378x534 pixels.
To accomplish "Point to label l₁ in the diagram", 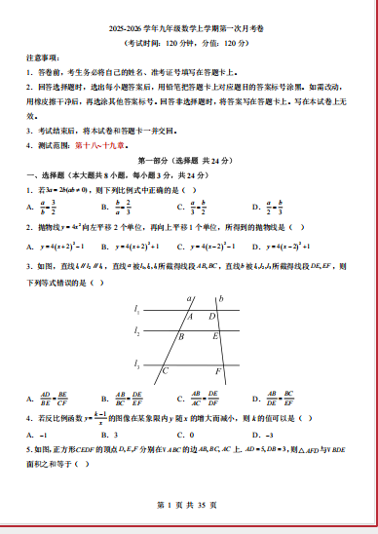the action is (x=137, y=310).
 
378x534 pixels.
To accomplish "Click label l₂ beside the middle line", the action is (x=137, y=331).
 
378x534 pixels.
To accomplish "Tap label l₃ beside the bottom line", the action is (x=137, y=363).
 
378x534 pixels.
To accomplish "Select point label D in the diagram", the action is (x=212, y=316).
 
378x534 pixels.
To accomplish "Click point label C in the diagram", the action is (x=166, y=371).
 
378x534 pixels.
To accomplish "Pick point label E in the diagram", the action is (x=214, y=337).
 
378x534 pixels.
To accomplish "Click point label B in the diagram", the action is (x=180, y=337).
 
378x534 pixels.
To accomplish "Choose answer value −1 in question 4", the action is (x=44, y=435).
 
